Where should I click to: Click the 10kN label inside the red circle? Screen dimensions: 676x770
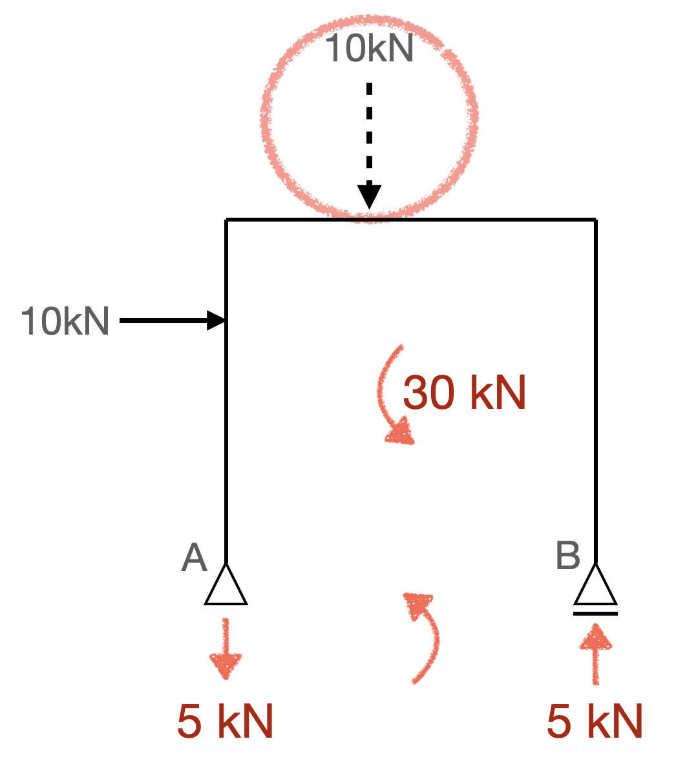(370, 48)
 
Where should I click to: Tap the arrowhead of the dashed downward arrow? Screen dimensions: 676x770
(370, 196)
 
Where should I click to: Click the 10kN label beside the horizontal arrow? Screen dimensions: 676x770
(65, 321)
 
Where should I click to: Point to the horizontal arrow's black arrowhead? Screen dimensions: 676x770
(216, 320)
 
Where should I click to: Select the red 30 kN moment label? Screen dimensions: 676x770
(464, 392)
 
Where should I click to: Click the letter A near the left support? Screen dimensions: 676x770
(194, 558)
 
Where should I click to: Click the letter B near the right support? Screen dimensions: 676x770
(568, 556)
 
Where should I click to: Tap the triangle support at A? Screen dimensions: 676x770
(226, 585)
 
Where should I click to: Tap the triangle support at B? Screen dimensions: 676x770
(595, 585)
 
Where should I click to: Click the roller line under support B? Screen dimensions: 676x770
(595, 613)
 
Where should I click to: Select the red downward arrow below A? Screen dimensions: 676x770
(226, 648)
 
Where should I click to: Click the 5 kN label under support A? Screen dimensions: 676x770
(225, 722)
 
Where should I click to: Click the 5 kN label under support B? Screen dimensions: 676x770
(595, 722)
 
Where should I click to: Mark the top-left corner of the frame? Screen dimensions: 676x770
(226, 220)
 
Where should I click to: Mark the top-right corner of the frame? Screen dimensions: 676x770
(595, 220)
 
